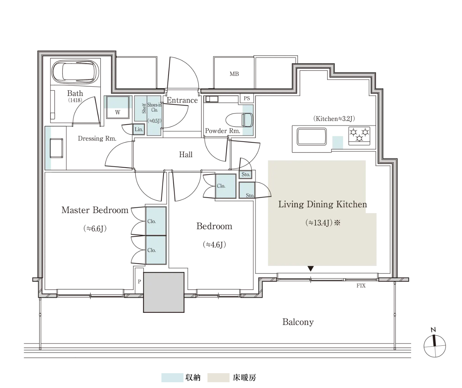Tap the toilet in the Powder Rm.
point(239,120)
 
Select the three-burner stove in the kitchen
point(359,136)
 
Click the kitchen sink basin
point(311,137)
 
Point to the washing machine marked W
point(118,107)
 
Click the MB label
point(234,74)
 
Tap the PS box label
point(247,98)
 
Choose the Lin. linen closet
point(139,129)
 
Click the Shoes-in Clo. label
point(154,107)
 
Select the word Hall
point(186,154)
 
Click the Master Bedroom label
point(95,210)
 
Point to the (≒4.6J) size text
point(214,245)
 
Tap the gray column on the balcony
point(164,292)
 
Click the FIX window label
point(361,286)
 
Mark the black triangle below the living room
point(311,269)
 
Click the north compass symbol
point(435,346)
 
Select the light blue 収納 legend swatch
point(172,378)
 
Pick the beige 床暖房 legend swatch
point(218,378)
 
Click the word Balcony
point(298,322)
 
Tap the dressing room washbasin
point(56,148)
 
